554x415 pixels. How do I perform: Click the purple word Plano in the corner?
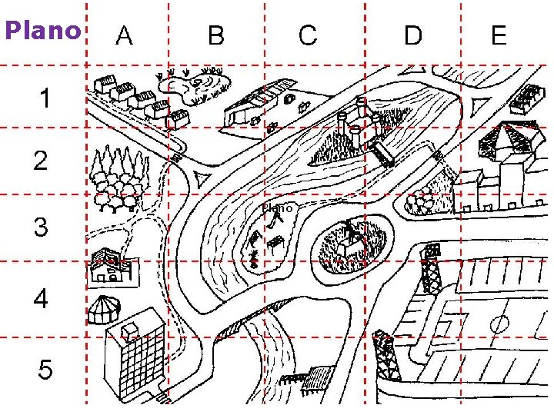click(x=42, y=31)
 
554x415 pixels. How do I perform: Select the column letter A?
click(x=124, y=35)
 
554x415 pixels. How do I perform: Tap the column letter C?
click(x=308, y=35)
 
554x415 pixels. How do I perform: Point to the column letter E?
click(x=499, y=35)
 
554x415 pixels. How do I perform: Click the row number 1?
click(x=46, y=98)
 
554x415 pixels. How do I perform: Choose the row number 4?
click(x=41, y=299)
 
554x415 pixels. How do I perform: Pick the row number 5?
click(x=45, y=370)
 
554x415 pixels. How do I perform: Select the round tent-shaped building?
click(x=104, y=309)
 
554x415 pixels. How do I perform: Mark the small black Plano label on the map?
click(x=278, y=207)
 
